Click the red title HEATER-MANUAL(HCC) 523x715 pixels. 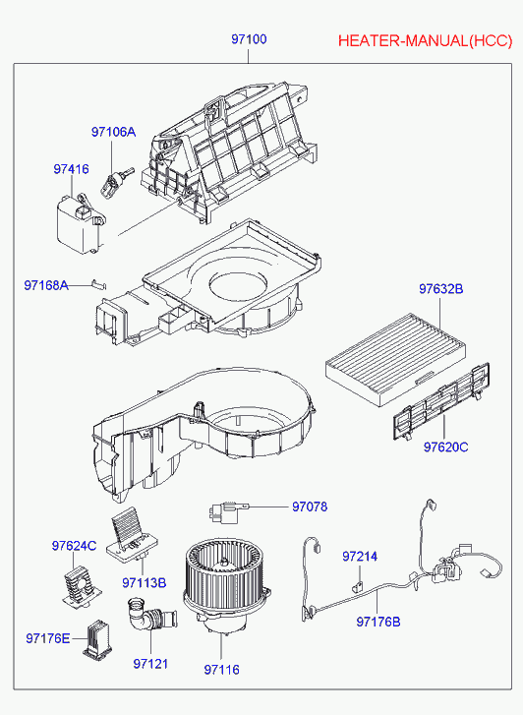[x=426, y=41]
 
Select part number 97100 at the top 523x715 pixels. [x=249, y=39]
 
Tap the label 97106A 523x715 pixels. [x=113, y=132]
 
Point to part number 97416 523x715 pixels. [x=71, y=169]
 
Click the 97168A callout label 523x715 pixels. [x=46, y=285]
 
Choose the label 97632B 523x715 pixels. [x=441, y=288]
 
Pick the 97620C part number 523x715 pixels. [x=445, y=447]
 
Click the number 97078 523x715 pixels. [x=310, y=506]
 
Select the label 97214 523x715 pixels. [x=360, y=557]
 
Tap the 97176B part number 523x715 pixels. [x=378, y=622]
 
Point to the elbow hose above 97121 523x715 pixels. [x=150, y=615]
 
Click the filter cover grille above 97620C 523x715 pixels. [x=441, y=401]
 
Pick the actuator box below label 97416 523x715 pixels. [x=81, y=223]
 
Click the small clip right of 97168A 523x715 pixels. [x=99, y=283]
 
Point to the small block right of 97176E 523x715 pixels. [x=97, y=640]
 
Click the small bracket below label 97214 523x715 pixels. [x=358, y=586]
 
